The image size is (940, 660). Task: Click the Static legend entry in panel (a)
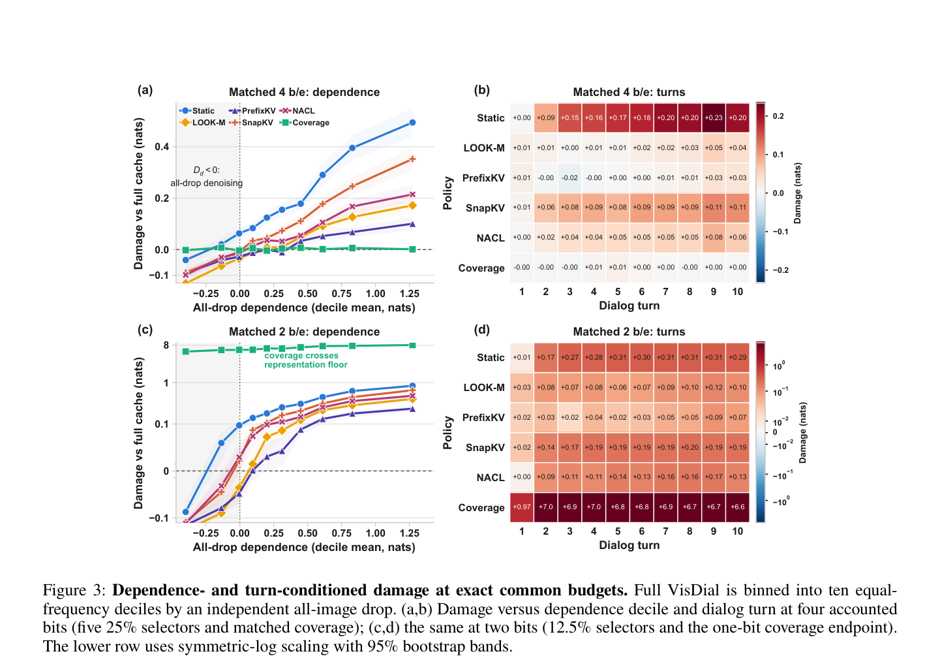[x=197, y=111]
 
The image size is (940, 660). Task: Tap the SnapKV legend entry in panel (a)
[x=251, y=123]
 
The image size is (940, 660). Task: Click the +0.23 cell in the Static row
[x=714, y=118]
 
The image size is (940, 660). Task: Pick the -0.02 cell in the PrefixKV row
[x=569, y=178]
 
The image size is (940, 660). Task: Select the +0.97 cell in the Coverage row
[x=522, y=507]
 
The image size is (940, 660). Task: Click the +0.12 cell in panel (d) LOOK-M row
[x=714, y=387]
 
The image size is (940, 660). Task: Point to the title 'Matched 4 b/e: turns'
[x=629, y=92]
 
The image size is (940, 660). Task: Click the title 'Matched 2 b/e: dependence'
[x=304, y=332]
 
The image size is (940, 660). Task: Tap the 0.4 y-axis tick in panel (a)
[x=162, y=146]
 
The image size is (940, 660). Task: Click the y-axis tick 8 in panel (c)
[x=166, y=345]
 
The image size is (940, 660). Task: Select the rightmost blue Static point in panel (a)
[x=412, y=123]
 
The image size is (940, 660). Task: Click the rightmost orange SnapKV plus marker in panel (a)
[x=412, y=159]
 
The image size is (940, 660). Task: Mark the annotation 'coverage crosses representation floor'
[x=306, y=360]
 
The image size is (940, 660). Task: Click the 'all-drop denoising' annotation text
[x=207, y=183]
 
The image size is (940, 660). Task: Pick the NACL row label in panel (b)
[x=491, y=238]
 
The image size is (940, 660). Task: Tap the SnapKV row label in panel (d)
[x=485, y=448]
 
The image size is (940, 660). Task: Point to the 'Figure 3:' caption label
[x=74, y=591]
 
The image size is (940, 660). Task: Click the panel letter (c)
[x=145, y=330]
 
